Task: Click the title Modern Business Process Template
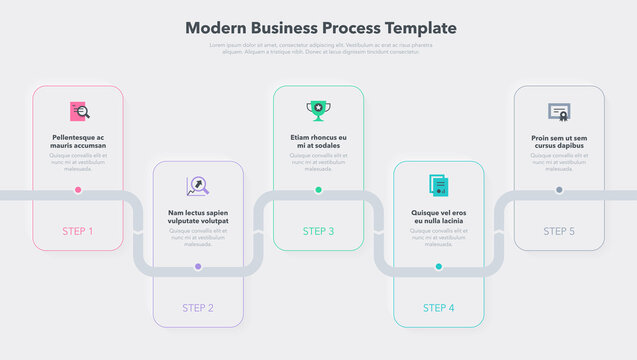[x=320, y=28]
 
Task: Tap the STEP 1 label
[x=78, y=231]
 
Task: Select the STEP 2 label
[x=198, y=307]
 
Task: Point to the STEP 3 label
[x=318, y=231]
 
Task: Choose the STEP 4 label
[x=438, y=307]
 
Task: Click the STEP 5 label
[x=559, y=231]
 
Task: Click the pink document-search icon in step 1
[x=79, y=112]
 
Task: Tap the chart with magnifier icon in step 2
[x=197, y=186]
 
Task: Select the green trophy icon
[x=318, y=110]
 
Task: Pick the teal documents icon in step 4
[x=438, y=186]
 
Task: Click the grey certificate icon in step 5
[x=559, y=112]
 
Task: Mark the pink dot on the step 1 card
[x=78, y=189]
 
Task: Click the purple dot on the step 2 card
[x=198, y=266]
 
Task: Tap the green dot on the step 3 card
[x=318, y=189]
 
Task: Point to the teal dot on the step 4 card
[x=438, y=266]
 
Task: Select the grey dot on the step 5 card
[x=559, y=189]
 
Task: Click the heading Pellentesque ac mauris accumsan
[x=78, y=141]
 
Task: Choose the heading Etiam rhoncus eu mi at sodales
[x=318, y=141]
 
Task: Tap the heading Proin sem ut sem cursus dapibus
[x=559, y=141]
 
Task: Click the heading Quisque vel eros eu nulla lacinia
[x=438, y=217]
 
